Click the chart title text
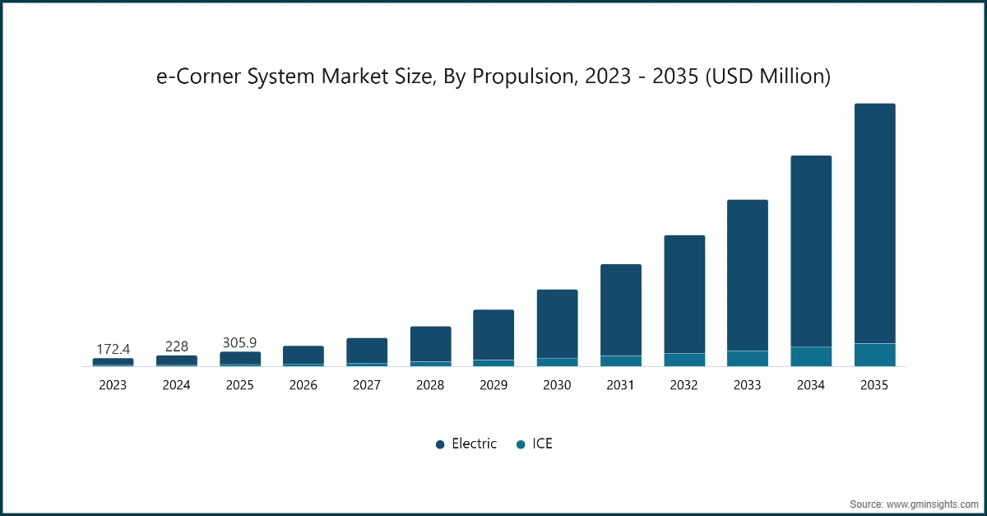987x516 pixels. pos(493,77)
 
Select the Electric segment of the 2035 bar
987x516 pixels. pos(874,223)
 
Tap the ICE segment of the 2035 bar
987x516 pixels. pos(874,355)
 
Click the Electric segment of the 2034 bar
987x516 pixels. pos(811,251)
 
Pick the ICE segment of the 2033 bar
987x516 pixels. pos(748,359)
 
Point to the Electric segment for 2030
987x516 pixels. pos(557,323)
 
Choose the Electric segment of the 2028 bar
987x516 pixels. pos(430,344)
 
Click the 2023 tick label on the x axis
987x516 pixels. pos(113,384)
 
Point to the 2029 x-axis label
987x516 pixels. pos(493,384)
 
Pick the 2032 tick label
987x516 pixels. pos(683,384)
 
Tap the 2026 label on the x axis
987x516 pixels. pos(303,384)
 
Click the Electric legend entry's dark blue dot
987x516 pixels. pos(440,444)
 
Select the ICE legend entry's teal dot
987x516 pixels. pos(520,444)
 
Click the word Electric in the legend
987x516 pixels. pos(475,444)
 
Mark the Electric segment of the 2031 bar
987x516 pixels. pos(620,310)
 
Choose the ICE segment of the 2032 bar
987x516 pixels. pos(683,360)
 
